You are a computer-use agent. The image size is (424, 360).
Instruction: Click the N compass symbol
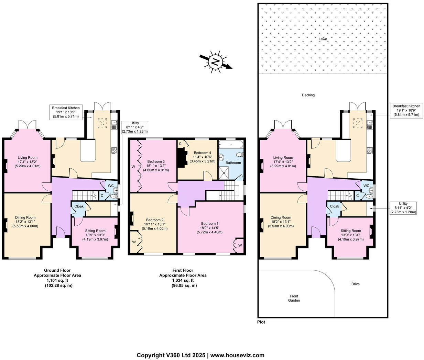(216, 62)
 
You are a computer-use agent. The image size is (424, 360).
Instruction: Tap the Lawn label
(323, 39)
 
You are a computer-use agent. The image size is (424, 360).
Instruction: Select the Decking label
(308, 95)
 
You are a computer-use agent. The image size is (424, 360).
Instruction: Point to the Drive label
(355, 284)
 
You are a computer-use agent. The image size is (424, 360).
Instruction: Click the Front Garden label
(294, 298)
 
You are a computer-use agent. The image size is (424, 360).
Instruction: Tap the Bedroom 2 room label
(154, 220)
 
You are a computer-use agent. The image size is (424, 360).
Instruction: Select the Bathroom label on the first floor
(233, 162)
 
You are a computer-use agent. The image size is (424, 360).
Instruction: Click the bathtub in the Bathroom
(231, 144)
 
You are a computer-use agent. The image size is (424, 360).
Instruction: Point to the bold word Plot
(261, 322)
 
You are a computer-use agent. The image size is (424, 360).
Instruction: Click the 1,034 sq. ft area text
(183, 280)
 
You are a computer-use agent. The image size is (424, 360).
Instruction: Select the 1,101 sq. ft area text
(57, 280)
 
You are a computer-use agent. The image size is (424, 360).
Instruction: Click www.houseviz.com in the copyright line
(237, 355)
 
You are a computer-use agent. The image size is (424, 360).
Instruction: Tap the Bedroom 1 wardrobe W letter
(240, 245)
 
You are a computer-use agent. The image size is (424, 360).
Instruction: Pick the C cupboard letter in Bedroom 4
(180, 144)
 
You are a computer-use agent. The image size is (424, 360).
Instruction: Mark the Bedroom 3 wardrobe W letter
(133, 167)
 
